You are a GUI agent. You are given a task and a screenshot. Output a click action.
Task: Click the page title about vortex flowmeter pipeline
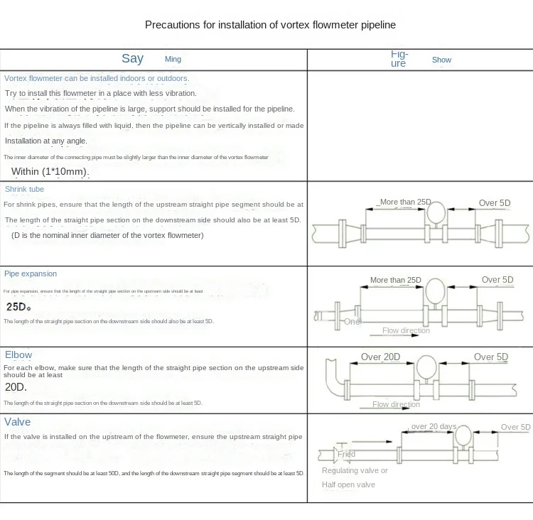pos(270,25)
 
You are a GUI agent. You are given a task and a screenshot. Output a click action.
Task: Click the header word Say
pos(132,58)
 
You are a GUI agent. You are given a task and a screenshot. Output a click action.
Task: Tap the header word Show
pos(441,60)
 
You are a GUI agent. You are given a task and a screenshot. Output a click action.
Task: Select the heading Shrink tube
pos(24,190)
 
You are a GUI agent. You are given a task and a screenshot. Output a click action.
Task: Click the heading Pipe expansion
pos(31,273)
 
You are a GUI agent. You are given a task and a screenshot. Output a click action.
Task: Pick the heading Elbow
pos(18,354)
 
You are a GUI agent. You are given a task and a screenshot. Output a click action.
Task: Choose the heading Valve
pos(18,422)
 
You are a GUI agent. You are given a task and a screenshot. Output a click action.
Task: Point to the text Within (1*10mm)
pos(50,172)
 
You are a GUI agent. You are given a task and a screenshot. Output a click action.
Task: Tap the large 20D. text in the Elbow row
pos(16,387)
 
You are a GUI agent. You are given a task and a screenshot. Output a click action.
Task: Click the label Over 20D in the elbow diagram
pos(380,357)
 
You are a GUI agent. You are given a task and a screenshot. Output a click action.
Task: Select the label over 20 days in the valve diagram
pos(434,426)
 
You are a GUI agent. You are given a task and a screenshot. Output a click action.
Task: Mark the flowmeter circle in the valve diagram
pos(463,435)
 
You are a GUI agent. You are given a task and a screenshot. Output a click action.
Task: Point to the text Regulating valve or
pos(355,470)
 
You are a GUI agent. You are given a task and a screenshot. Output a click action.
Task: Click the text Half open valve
pos(348,484)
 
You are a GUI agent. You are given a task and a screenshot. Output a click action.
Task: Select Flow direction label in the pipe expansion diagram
pos(406,330)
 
